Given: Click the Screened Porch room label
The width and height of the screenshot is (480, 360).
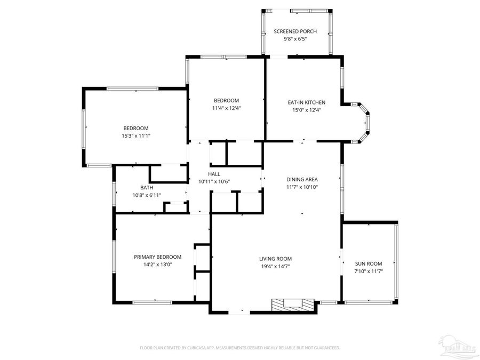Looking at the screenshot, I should pos(290,31).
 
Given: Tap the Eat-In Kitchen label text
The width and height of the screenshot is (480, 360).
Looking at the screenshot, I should pos(306,102).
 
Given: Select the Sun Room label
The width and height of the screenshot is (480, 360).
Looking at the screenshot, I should pos(369,263).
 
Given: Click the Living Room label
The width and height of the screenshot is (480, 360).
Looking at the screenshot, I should pos(275,259).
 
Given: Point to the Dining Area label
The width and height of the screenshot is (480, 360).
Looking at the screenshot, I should pos(302,180).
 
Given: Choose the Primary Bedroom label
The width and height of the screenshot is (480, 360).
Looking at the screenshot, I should pos(157,257).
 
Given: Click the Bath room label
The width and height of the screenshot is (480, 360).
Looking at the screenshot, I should pos(147,188).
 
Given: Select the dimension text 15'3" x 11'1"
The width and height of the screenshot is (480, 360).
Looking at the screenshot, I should pos(136,136).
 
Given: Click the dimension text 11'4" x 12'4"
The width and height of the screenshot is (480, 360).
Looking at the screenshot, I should pos(226,108).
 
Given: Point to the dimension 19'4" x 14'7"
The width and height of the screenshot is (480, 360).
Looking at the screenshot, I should pos(275,267).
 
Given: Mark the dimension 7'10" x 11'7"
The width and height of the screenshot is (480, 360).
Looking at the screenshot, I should pos(369,271).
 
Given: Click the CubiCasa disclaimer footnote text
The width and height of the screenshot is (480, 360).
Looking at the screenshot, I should pos(239,348).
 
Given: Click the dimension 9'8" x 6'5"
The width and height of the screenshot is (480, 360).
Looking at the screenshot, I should pos(290,39).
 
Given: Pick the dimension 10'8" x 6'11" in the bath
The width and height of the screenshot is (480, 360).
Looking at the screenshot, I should pos(147,195).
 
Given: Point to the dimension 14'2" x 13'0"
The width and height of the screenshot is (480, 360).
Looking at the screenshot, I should pos(157,265).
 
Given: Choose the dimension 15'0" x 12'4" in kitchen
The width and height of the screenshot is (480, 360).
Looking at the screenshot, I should pos(306,110).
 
